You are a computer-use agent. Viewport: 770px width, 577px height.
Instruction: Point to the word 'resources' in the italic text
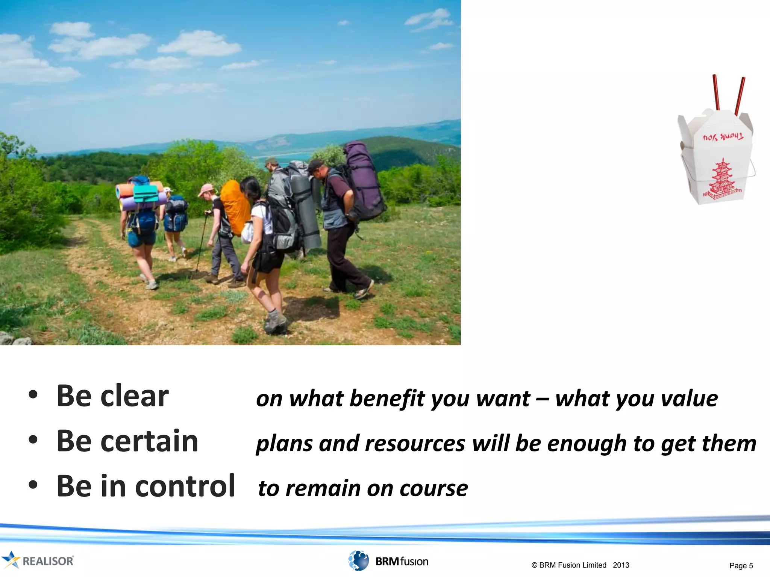coord(415,444)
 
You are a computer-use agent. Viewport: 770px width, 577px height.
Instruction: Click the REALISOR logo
coord(38,560)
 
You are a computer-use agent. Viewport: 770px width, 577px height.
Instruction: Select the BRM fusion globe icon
coord(358,560)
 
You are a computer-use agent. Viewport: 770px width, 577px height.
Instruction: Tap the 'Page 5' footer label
coord(741,566)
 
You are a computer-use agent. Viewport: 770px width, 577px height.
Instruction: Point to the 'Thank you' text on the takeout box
coord(723,137)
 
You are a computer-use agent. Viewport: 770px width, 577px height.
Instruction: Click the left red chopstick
coord(716,92)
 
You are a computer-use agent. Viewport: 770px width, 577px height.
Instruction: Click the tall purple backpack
coord(363,180)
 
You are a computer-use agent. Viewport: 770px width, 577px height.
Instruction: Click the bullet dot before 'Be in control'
coord(33,485)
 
